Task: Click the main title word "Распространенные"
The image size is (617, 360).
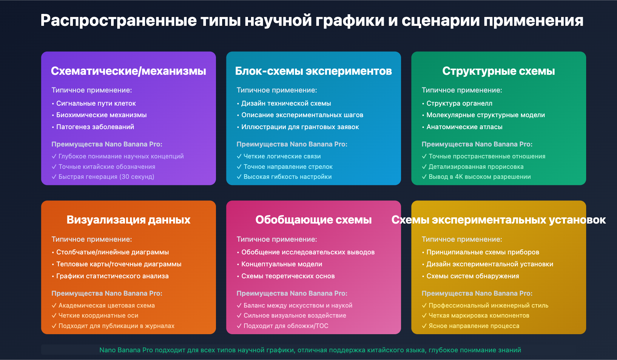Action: [x=119, y=21]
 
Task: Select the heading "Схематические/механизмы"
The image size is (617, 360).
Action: [x=128, y=71]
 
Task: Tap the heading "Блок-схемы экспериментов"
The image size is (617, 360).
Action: [x=314, y=71]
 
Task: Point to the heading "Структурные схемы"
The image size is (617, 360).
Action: [x=499, y=71]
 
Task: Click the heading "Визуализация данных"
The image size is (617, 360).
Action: [x=128, y=220]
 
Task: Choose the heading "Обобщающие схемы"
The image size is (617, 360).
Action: [x=314, y=220]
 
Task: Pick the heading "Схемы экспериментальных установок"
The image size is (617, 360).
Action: [x=499, y=220]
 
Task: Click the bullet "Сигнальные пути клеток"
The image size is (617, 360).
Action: [x=96, y=103]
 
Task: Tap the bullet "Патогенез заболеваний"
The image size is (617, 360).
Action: [x=95, y=127]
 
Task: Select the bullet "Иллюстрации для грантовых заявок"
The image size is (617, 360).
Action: [x=300, y=127]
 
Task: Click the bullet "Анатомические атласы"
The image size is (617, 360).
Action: [x=464, y=127]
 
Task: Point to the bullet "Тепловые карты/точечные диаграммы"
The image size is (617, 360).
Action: [x=119, y=264]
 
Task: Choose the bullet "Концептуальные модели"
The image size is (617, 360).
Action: [x=282, y=264]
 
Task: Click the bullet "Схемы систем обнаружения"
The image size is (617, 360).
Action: [x=473, y=276]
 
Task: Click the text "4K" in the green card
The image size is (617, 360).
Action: [x=459, y=177]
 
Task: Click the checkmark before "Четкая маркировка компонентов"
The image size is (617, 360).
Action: [x=424, y=315]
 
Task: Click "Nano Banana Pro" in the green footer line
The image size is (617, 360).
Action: [x=126, y=350]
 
